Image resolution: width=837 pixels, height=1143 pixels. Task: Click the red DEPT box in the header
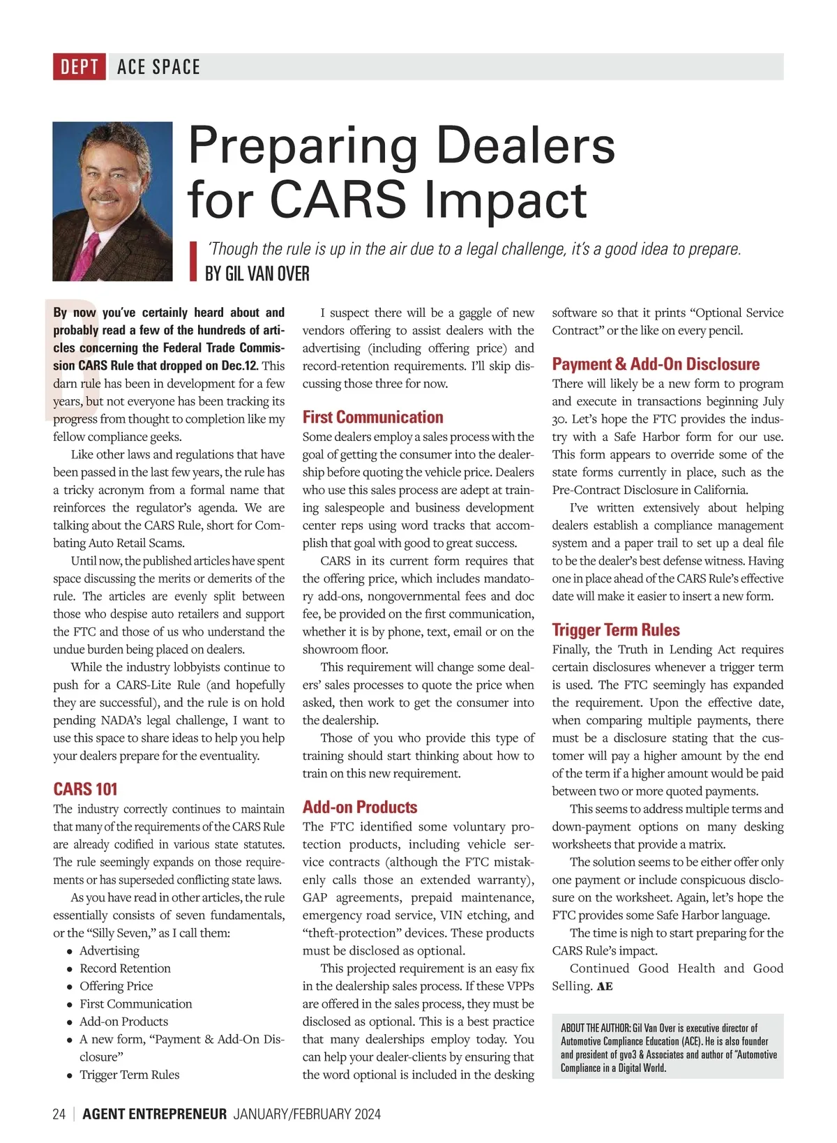pyautogui.click(x=79, y=67)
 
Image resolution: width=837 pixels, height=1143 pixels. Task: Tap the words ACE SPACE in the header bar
pyautogui.click(x=158, y=67)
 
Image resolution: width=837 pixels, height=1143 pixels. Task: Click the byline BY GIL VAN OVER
pyautogui.click(x=257, y=274)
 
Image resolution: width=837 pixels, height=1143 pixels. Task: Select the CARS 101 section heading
pyautogui.click(x=85, y=789)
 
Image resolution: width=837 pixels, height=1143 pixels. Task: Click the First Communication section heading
pyautogui.click(x=372, y=417)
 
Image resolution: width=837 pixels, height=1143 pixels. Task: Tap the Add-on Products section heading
pyautogui.click(x=359, y=807)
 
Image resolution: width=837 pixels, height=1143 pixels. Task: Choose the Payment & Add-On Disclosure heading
pyautogui.click(x=656, y=364)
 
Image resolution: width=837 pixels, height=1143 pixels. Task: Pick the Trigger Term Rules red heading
pyautogui.click(x=615, y=630)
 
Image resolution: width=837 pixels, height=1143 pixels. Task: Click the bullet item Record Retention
pyautogui.click(x=125, y=969)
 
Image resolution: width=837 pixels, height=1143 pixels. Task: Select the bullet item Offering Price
pyautogui.click(x=116, y=986)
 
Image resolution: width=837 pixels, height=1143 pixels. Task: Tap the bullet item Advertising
pyautogui.click(x=109, y=951)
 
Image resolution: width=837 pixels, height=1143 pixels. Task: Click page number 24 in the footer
pyautogui.click(x=59, y=1114)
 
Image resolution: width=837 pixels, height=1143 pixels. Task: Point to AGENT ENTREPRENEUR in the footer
pyautogui.click(x=154, y=1114)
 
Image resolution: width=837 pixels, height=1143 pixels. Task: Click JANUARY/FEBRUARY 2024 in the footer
pyautogui.click(x=307, y=1114)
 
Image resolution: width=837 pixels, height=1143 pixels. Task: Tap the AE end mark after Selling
pyautogui.click(x=605, y=987)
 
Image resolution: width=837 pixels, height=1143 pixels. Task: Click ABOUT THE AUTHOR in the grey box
pyautogui.click(x=595, y=1029)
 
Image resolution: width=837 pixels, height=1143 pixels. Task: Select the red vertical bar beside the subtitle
pyautogui.click(x=194, y=261)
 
